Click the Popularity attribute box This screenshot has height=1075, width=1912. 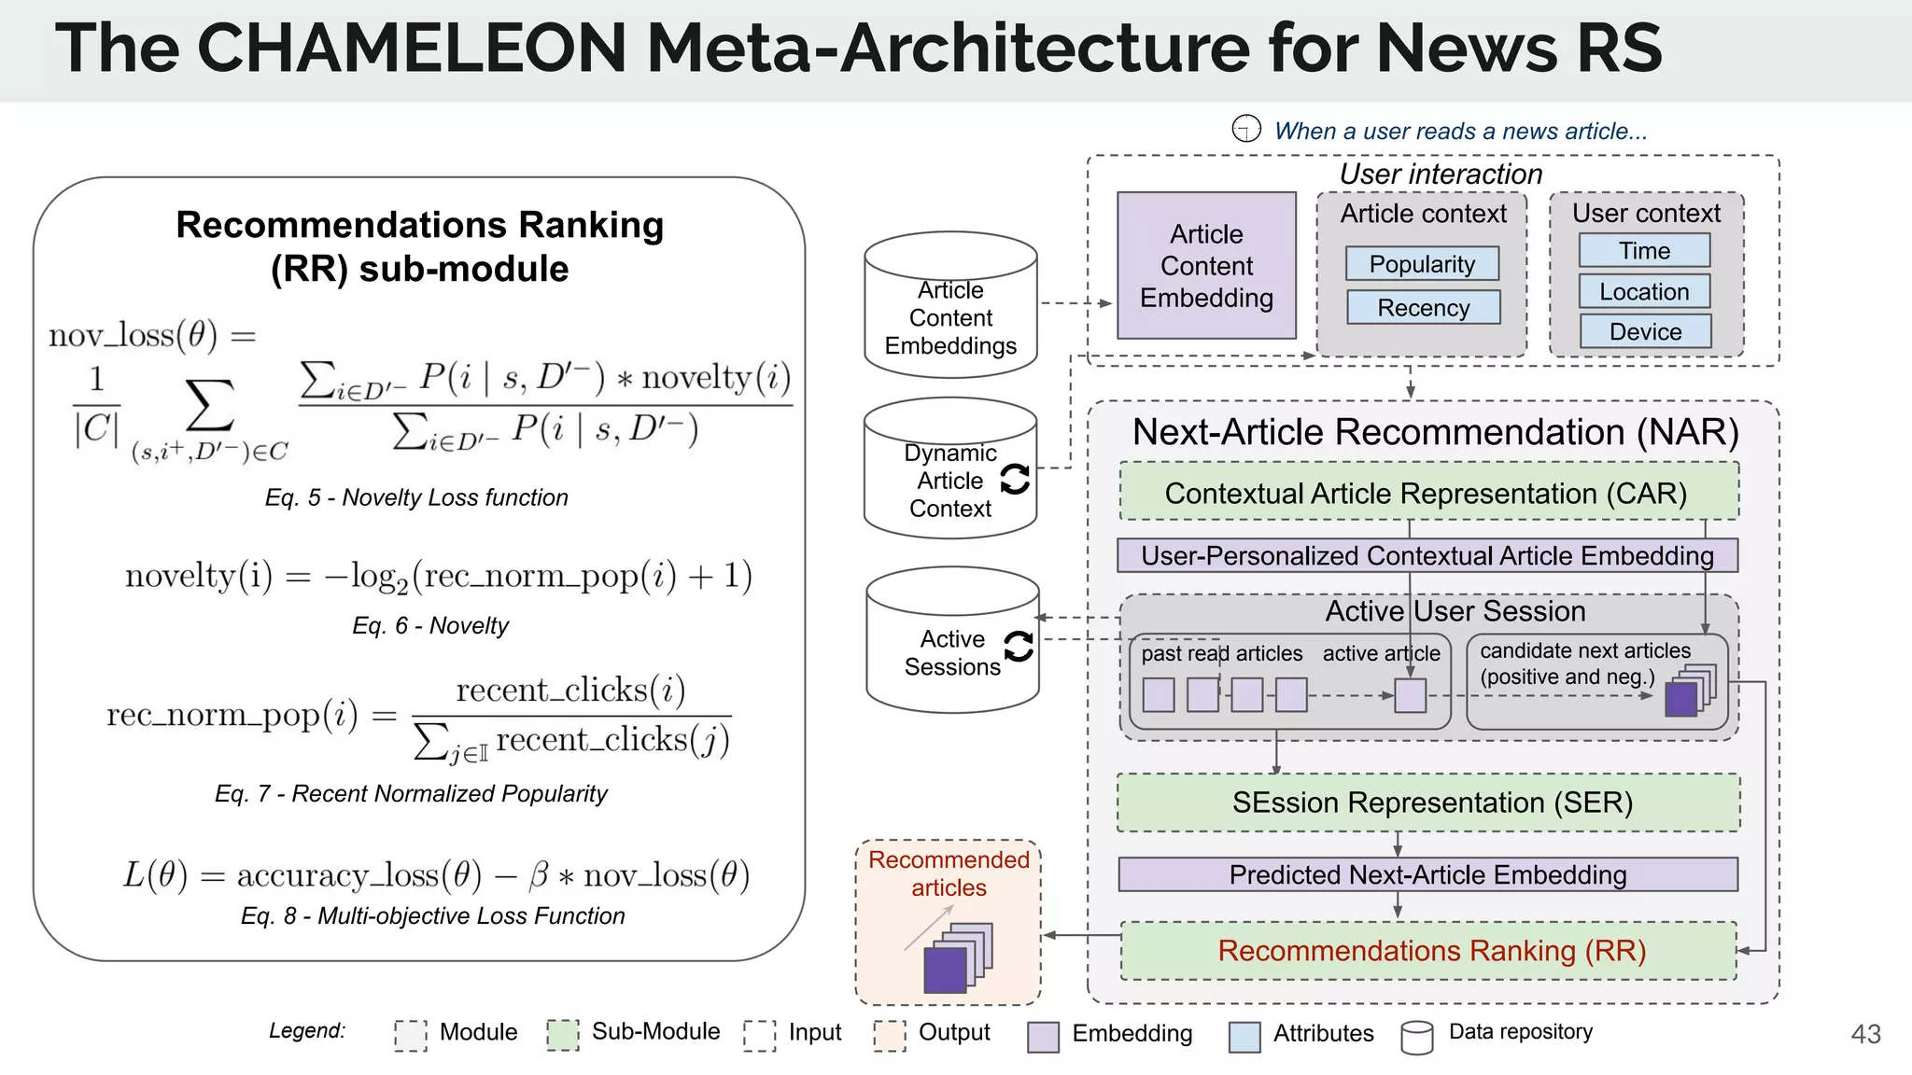pos(1422,264)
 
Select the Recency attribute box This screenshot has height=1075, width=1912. pos(1423,308)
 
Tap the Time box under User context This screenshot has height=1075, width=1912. pos(1644,251)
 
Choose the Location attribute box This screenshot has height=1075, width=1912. pos(1644,292)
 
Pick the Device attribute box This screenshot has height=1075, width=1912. pos(1645,332)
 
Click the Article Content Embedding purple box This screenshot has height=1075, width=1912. pos(1206,266)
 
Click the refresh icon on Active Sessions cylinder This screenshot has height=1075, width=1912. pos(1019,646)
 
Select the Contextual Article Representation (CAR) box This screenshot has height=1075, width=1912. pos(1427,493)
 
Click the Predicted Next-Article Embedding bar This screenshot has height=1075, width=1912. pos(1427,875)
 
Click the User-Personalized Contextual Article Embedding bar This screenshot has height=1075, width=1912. pos(1427,556)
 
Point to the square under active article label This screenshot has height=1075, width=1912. pos(1410,696)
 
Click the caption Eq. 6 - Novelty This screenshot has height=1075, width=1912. pos(430,625)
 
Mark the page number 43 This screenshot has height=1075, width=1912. pos(1865,1034)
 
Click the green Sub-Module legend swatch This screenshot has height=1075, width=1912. pos(563,1035)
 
